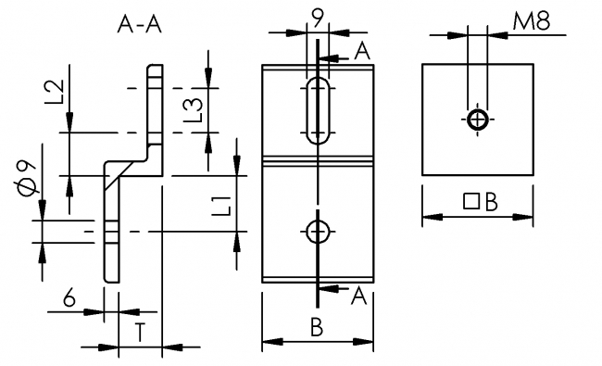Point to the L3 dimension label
194,110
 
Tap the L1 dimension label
221,205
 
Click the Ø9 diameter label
27,177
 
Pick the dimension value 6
69,297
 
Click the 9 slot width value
318,16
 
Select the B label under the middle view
317,328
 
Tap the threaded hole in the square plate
478,120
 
